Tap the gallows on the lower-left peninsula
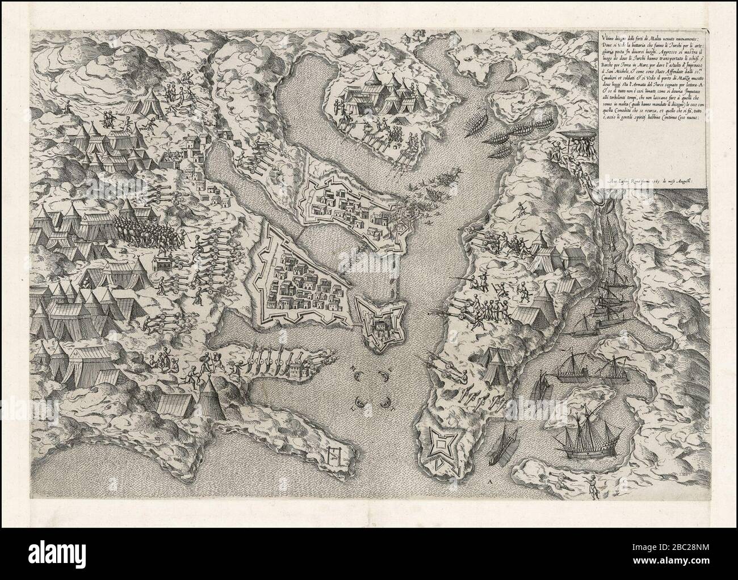pyautogui.click(x=333, y=454)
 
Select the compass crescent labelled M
pyautogui.click(x=358, y=376)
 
